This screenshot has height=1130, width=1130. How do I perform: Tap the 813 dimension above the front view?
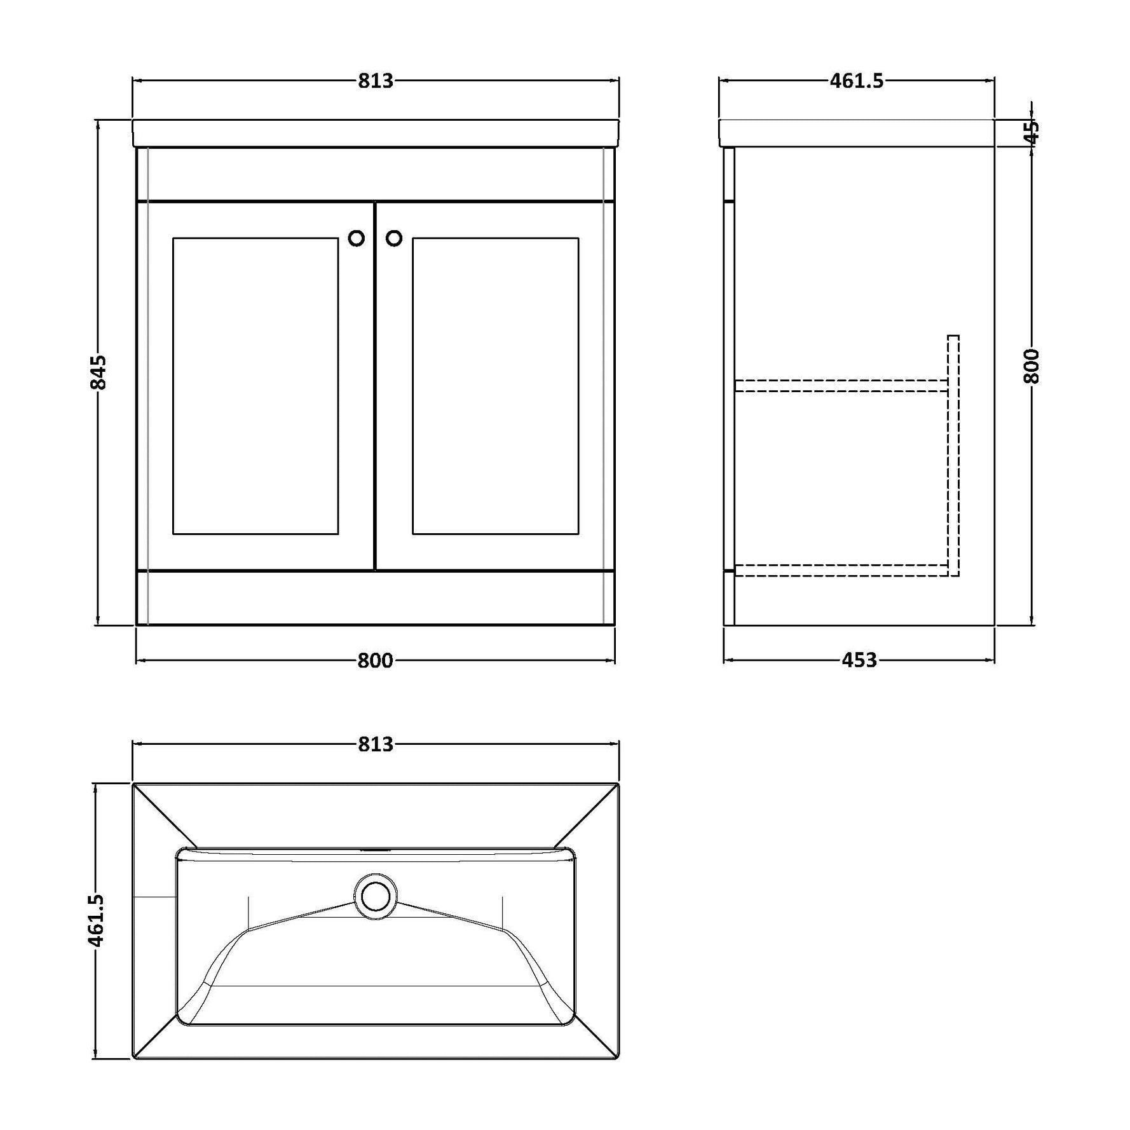click(x=376, y=81)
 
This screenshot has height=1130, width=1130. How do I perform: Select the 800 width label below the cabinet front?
click(x=375, y=661)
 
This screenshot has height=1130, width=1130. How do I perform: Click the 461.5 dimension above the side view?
click(x=857, y=81)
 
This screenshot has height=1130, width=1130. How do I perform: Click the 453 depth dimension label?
click(x=859, y=661)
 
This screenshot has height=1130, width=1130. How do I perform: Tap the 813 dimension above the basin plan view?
click(x=376, y=744)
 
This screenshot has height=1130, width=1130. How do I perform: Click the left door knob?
click(x=357, y=238)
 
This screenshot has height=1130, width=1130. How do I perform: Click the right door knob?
click(x=394, y=238)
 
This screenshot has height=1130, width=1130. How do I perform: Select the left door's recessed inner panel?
click(x=255, y=386)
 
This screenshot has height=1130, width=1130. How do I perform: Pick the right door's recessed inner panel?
click(x=496, y=386)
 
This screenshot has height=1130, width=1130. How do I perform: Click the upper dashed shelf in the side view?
click(x=841, y=385)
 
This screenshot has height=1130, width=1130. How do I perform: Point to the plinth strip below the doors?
click(x=376, y=597)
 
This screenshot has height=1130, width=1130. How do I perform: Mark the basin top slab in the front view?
click(x=376, y=133)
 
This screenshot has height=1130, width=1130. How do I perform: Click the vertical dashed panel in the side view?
click(x=953, y=455)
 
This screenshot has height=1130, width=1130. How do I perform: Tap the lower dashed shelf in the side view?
click(x=841, y=570)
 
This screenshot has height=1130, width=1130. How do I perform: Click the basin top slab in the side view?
click(x=857, y=133)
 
